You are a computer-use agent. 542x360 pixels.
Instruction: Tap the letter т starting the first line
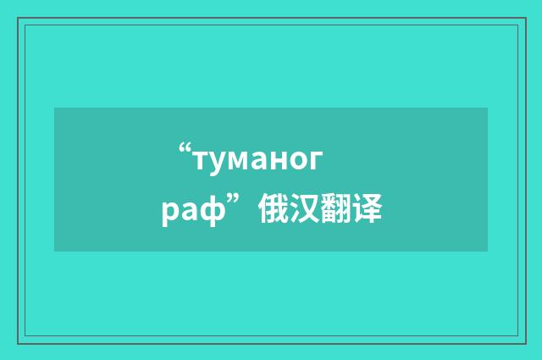pyautogui.click(x=202, y=159)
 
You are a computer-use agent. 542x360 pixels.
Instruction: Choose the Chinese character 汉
pyautogui.click(x=306, y=207)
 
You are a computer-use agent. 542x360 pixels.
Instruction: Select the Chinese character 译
pyautogui.click(x=368, y=207)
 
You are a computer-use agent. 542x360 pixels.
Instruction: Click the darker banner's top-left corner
pyautogui.click(x=55, y=108)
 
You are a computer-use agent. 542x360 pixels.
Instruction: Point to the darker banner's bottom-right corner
pyautogui.click(x=487, y=251)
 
